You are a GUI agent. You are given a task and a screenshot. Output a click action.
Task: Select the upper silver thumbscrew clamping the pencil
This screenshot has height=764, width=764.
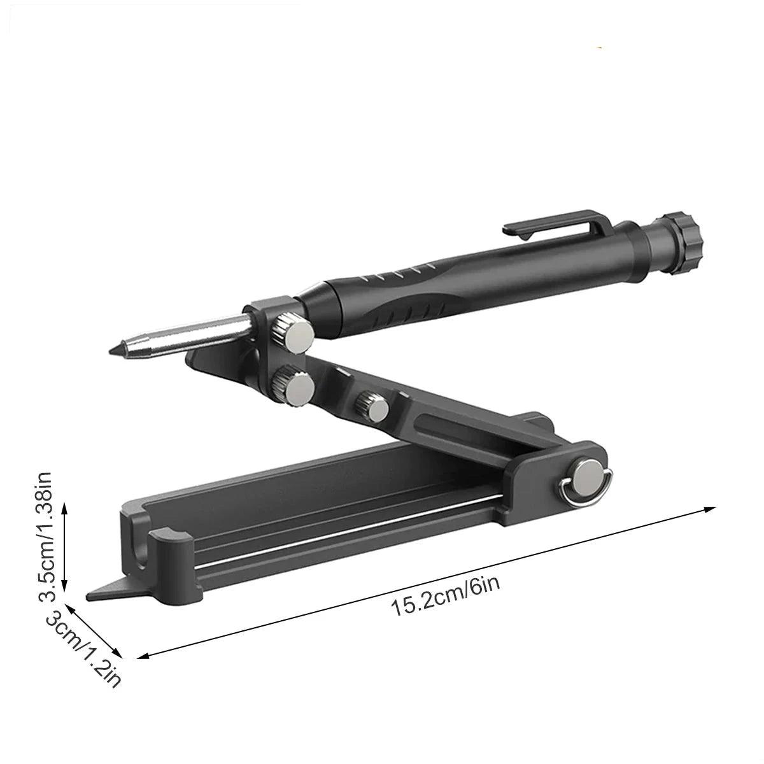pyautogui.click(x=293, y=332)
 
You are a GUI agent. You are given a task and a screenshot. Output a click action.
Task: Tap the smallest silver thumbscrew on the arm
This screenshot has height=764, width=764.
pyautogui.click(x=371, y=406)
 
